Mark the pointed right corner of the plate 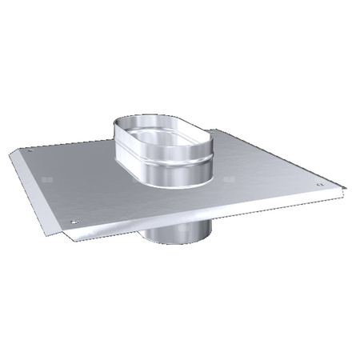pos(345,189)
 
